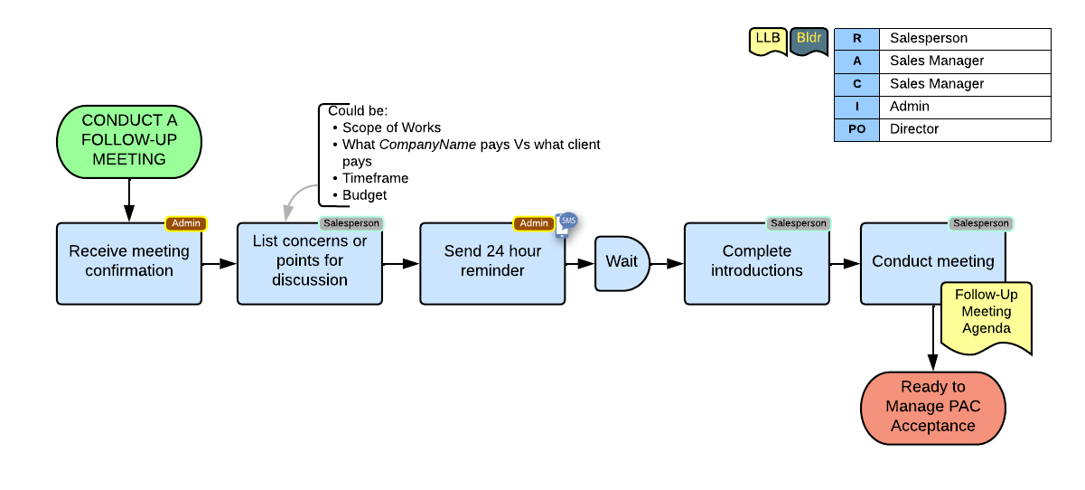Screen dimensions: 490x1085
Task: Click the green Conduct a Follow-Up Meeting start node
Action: (129, 140)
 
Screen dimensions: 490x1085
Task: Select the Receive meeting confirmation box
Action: (129, 263)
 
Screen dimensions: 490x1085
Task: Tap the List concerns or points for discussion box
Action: (310, 263)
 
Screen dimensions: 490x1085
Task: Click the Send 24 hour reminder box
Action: (492, 263)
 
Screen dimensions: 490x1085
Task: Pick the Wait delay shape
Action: (622, 263)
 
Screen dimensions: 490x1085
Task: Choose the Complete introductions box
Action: (756, 263)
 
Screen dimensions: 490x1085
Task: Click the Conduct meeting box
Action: (932, 261)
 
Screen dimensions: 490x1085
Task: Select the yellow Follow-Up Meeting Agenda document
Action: (986, 317)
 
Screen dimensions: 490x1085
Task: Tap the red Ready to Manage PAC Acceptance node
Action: (932, 407)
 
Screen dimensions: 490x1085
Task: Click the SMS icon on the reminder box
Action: (568, 221)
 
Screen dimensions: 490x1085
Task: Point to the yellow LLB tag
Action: (768, 40)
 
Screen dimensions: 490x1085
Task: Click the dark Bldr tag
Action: (809, 40)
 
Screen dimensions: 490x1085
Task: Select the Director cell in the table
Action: (964, 129)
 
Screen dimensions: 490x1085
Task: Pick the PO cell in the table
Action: (856, 129)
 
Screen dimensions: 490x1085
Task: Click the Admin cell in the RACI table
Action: (964, 107)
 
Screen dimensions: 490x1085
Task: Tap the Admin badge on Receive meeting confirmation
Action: (186, 223)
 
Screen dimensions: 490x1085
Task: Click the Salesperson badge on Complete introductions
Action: (798, 223)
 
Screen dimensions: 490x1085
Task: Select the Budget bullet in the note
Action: (365, 194)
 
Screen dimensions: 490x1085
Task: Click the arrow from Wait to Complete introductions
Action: (667, 264)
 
